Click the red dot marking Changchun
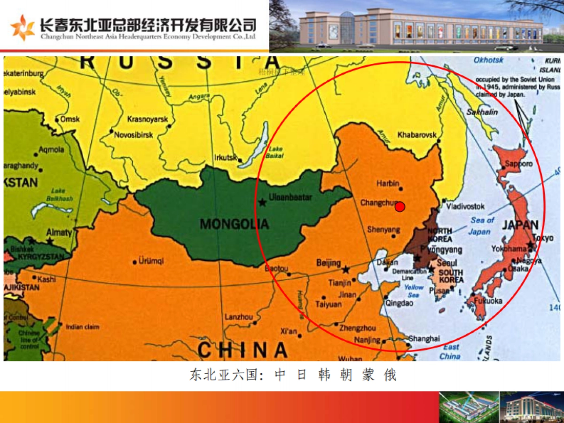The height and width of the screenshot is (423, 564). pyautogui.click(x=399, y=207)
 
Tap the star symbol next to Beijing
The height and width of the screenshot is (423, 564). pyautogui.click(x=346, y=269)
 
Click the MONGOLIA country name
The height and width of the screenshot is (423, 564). pyautogui.click(x=235, y=224)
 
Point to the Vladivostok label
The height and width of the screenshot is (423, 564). pyautogui.click(x=465, y=206)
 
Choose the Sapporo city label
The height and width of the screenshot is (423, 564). pyautogui.click(x=518, y=164)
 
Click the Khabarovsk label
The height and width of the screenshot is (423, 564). pyautogui.click(x=417, y=135)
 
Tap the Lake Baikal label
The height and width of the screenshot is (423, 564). pyautogui.click(x=274, y=153)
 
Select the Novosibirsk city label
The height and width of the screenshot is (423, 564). pyautogui.click(x=133, y=135)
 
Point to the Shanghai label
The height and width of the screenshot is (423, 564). pyautogui.click(x=424, y=338)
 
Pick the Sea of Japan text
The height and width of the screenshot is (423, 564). pyautogui.click(x=482, y=226)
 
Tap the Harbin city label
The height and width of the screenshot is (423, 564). pyautogui.click(x=388, y=183)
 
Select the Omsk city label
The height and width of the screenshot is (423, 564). pyautogui.click(x=70, y=119)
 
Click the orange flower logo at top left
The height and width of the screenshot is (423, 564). pyautogui.click(x=23, y=27)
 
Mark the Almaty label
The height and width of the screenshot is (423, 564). pyautogui.click(x=59, y=233)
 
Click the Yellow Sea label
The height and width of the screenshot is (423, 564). pyautogui.click(x=414, y=291)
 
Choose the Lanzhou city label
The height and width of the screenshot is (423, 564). pyautogui.click(x=239, y=317)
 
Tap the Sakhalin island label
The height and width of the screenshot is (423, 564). pyautogui.click(x=482, y=112)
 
